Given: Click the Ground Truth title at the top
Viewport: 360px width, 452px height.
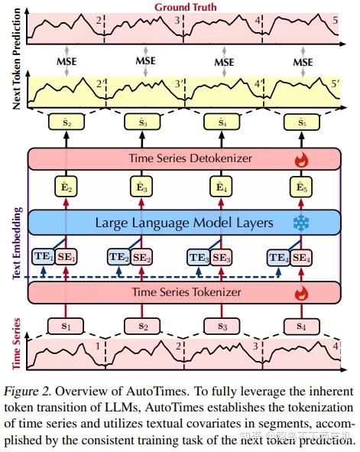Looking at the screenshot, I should pyautogui.click(x=185, y=7).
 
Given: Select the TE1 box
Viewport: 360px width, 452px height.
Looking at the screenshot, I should pyautogui.click(x=43, y=257).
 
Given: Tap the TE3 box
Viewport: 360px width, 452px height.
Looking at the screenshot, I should pyautogui.click(x=199, y=257).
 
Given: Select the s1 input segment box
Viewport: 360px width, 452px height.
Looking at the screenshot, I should pyautogui.click(x=66, y=325).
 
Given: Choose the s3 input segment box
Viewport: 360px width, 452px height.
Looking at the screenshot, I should pyautogui.click(x=222, y=325).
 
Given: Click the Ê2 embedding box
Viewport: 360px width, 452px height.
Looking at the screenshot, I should pyautogui.click(x=66, y=187).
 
